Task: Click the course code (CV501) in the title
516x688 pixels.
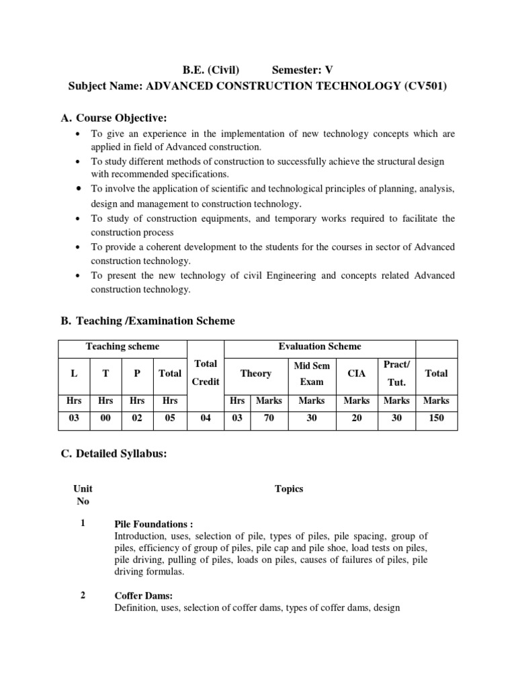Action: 422,87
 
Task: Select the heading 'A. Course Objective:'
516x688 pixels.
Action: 114,118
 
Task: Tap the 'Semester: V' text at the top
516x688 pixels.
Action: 302,69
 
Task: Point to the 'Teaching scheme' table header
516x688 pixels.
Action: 122,347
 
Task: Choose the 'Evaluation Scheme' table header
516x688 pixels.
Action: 319,347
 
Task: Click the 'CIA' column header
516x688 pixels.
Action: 356,373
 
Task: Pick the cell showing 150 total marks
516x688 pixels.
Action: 435,417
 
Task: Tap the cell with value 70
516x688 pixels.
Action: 268,417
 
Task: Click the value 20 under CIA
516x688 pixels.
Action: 356,417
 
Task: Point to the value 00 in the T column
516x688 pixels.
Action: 105,417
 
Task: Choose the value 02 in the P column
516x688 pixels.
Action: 137,417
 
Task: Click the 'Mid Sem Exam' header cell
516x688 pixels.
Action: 311,373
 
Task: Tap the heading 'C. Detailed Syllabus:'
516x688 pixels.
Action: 114,454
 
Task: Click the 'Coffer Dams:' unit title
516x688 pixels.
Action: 144,596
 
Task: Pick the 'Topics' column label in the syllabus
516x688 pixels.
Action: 289,488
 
